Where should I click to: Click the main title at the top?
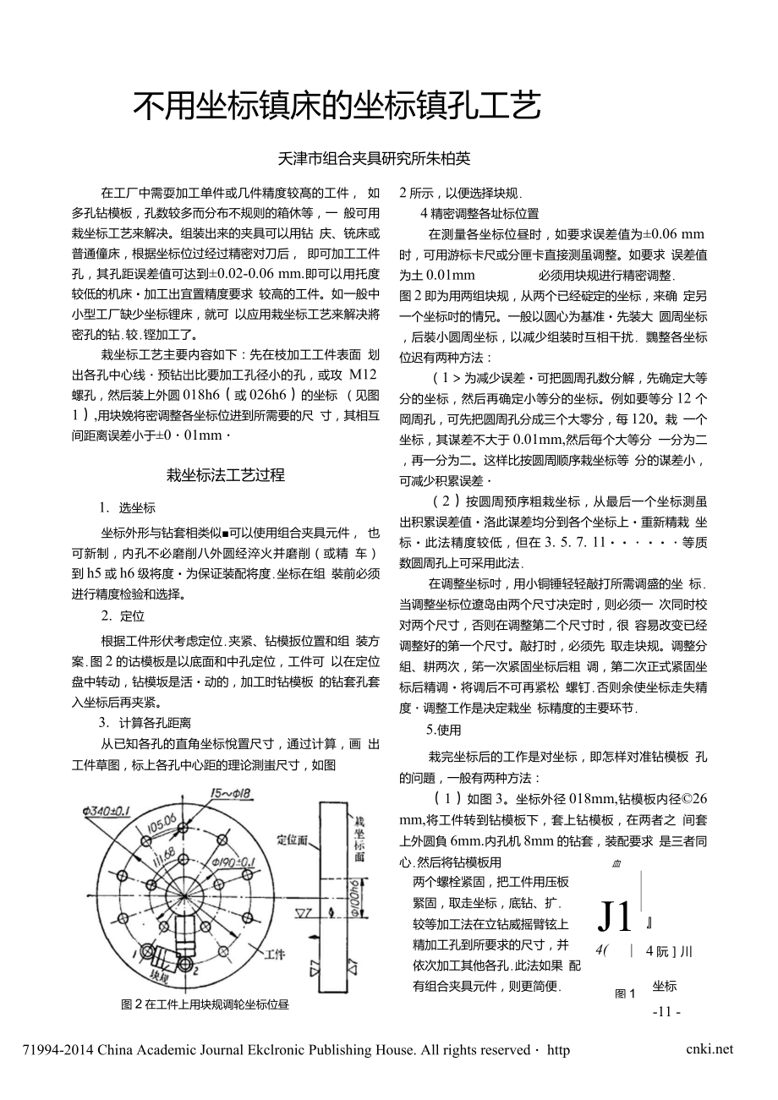(336, 107)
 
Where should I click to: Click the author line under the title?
(375, 158)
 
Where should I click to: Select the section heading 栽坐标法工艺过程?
(225, 474)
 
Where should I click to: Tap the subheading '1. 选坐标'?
(127, 508)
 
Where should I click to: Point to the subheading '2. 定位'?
(123, 616)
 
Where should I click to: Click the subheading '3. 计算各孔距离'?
(145, 723)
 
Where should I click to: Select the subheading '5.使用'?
(444, 730)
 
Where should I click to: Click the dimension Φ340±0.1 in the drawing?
(109, 810)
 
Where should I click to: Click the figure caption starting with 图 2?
(205, 1004)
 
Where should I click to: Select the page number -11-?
(666, 1011)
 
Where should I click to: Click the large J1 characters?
(615, 916)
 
